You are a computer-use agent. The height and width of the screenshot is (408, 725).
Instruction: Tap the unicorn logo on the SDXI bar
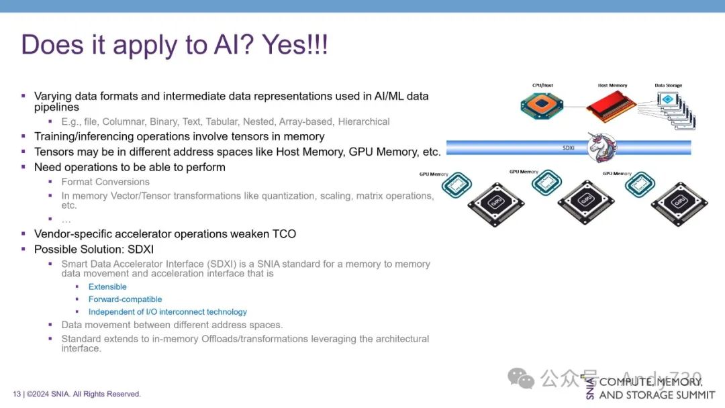click(x=602, y=147)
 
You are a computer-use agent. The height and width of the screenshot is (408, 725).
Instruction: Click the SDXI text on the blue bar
click(x=568, y=147)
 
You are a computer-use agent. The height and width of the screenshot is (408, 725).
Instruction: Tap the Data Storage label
click(x=669, y=86)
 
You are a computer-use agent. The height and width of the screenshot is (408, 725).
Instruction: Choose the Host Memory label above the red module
click(x=612, y=86)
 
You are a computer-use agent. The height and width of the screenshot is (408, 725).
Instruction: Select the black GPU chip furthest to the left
click(x=495, y=203)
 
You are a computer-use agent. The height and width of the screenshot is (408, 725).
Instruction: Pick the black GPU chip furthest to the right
click(x=679, y=203)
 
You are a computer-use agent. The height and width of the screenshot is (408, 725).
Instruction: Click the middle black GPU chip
click(x=586, y=200)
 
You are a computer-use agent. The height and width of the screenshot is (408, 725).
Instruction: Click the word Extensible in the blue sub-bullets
click(x=107, y=287)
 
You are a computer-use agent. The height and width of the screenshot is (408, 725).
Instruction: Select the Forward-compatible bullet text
click(x=125, y=299)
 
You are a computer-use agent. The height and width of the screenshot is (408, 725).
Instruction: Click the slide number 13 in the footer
click(x=17, y=394)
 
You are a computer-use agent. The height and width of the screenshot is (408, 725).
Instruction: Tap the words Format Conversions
click(x=105, y=182)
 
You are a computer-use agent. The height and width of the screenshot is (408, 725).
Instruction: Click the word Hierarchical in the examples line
click(x=364, y=121)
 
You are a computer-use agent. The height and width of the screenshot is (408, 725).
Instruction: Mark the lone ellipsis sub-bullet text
click(x=66, y=219)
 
